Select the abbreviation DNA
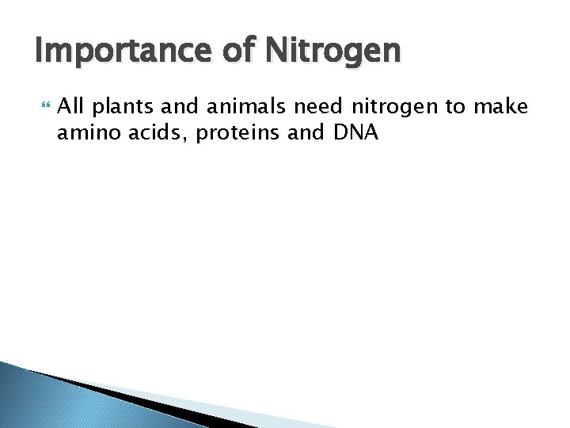[x=356, y=134]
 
